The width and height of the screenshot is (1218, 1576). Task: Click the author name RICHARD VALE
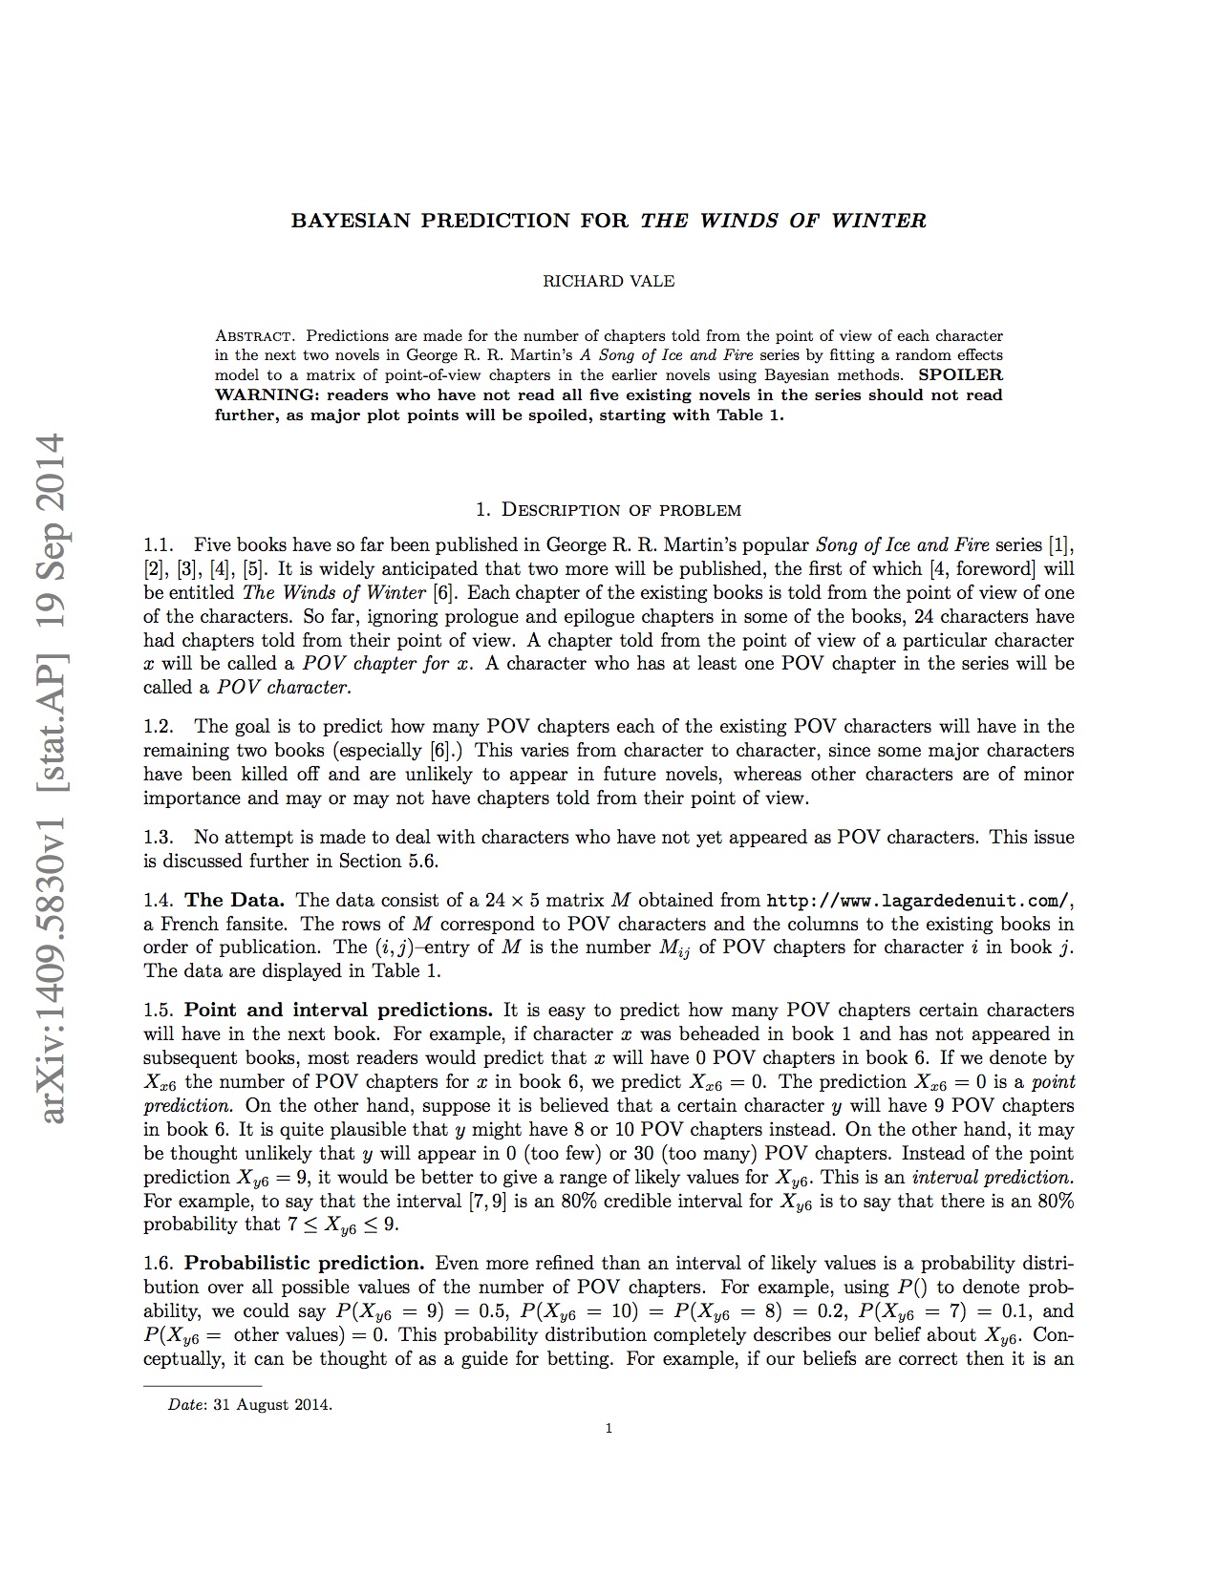pos(609,281)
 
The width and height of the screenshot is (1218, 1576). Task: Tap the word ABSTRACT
pos(254,336)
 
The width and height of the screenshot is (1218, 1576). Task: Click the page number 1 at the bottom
pos(609,1429)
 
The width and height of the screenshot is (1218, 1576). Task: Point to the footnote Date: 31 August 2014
pos(250,1404)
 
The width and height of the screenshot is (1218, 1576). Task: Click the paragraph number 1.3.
pos(158,838)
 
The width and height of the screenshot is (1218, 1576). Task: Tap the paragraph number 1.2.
pos(158,726)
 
